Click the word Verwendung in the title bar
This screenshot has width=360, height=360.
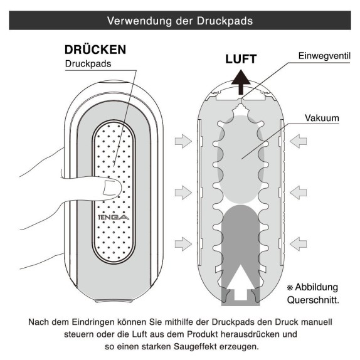tap(139, 21)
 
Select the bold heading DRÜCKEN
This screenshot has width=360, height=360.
tap(95, 50)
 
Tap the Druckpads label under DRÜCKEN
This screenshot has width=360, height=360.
tap(88, 63)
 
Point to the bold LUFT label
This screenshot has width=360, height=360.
tap(241, 59)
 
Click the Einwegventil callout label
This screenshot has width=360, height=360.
tap(324, 56)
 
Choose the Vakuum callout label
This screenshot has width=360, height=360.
tap(322, 118)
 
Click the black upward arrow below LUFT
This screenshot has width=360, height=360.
tap(241, 82)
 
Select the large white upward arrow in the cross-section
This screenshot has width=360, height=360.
tap(241, 283)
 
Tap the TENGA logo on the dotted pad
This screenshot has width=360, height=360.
tap(114, 217)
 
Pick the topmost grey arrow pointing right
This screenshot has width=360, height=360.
tap(183, 141)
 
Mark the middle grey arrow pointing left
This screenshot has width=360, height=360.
tap(298, 193)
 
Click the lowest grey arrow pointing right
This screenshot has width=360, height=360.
tap(183, 244)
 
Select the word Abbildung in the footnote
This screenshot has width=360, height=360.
tap(316, 287)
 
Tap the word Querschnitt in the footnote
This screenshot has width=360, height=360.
tap(312, 300)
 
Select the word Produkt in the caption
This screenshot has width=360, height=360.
tap(203, 334)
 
